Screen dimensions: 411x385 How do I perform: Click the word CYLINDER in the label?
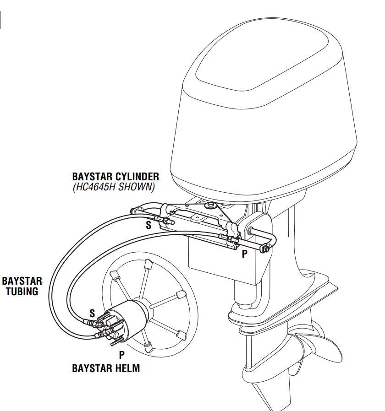coord(136,176)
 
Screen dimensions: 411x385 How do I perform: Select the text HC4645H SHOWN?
coord(114,187)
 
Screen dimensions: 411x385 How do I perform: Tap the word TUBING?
coord(22,292)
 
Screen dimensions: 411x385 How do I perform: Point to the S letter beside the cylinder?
coord(148,225)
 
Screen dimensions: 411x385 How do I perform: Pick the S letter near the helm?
coord(92,314)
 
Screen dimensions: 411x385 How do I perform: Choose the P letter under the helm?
coord(122,355)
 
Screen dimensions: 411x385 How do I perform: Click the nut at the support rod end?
coord(265,249)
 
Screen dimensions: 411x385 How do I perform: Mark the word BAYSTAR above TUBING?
coord(22,281)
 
